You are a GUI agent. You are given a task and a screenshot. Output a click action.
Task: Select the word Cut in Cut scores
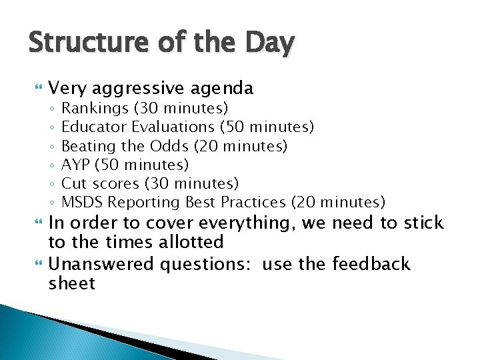click(x=73, y=183)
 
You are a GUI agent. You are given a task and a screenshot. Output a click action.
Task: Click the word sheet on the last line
click(x=72, y=284)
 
